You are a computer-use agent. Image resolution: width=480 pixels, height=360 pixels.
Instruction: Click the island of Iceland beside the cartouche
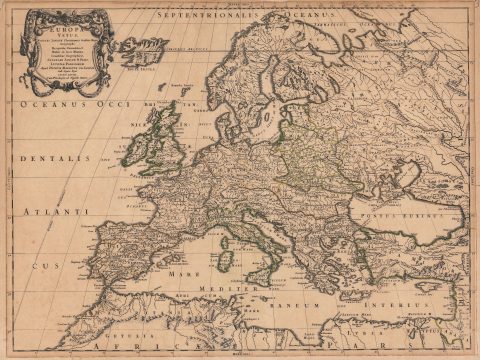click(x=144, y=44)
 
